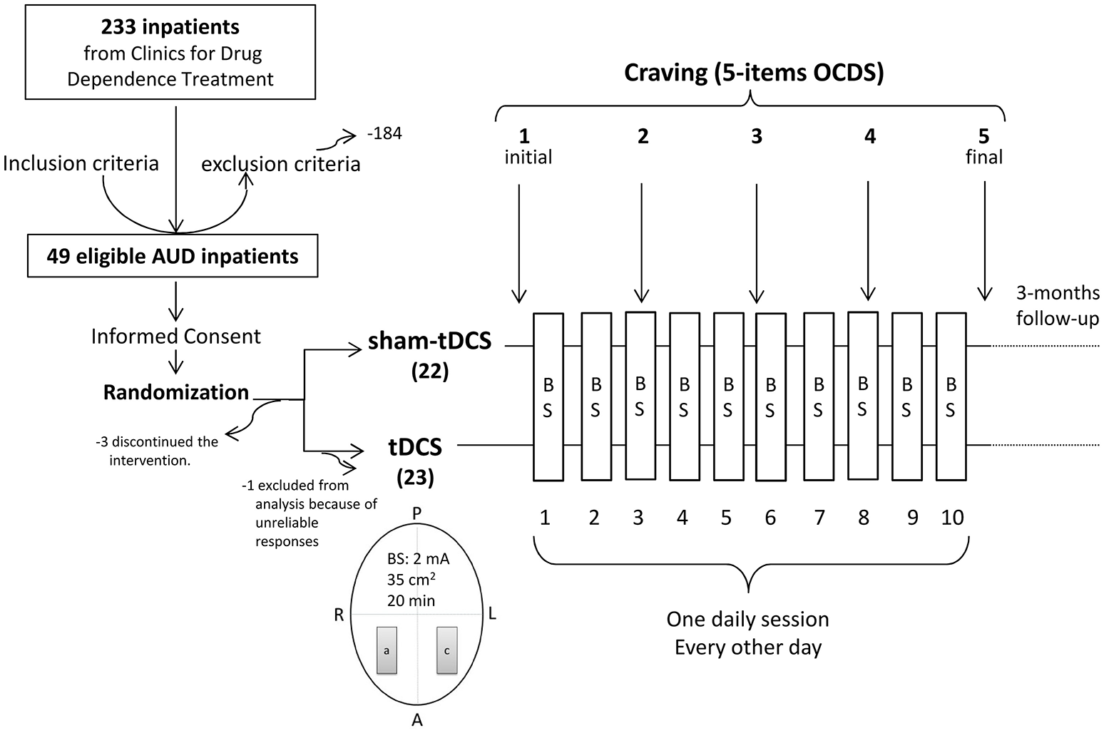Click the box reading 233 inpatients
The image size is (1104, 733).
click(x=170, y=52)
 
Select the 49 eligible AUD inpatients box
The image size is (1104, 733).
click(x=173, y=256)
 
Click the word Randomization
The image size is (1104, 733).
click(x=176, y=392)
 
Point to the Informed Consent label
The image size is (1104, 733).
click(x=176, y=337)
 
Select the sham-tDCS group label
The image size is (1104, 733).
click(x=429, y=342)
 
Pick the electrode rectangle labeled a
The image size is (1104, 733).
click(x=387, y=650)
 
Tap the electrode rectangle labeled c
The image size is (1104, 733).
click(x=446, y=650)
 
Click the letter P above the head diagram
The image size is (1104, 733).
click(x=417, y=513)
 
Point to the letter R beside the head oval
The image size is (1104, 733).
click(x=339, y=615)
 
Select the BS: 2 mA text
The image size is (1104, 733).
click(x=418, y=560)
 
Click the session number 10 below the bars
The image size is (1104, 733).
click(x=951, y=518)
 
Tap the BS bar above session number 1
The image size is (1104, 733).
click(x=548, y=397)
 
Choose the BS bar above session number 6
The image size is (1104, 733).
click(x=770, y=397)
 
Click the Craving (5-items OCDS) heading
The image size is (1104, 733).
click(x=754, y=73)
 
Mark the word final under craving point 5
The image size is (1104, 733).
click(x=984, y=157)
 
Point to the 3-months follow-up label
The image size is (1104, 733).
click(x=1058, y=305)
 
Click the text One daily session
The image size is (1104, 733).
click(x=747, y=619)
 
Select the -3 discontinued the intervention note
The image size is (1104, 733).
click(x=156, y=451)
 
